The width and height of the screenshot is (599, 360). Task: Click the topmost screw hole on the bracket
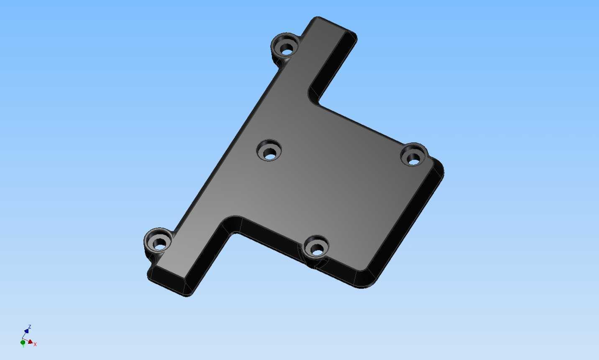coord(286,45)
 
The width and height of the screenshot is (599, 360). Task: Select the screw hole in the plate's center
coord(269,151)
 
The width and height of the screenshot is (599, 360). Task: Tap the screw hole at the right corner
coord(414,155)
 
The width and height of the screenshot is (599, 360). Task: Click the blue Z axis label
coord(30,327)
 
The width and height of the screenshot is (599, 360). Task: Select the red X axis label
coord(35,344)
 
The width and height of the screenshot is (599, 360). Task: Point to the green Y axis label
coord(23,346)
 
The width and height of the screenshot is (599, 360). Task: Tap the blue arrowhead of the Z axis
coord(26,331)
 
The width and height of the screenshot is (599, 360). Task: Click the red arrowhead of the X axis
coord(30,342)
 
